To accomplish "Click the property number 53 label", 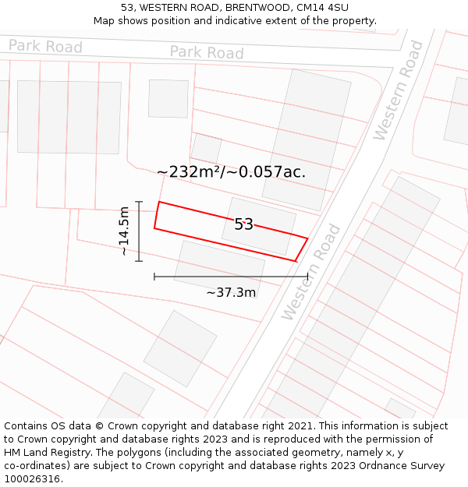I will [x=243, y=224].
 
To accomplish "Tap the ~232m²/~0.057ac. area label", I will [x=231, y=172].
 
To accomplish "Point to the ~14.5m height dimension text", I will [x=124, y=231].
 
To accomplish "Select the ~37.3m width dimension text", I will [x=231, y=292].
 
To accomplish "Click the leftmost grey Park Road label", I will [x=45, y=47].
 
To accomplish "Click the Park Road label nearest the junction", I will [x=207, y=52].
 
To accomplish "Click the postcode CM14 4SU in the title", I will [x=323, y=8].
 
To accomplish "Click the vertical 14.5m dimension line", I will [x=139, y=231].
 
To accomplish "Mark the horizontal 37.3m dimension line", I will [x=231, y=276].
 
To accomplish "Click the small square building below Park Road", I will [x=168, y=98].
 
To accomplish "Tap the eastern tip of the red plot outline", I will [x=307, y=238].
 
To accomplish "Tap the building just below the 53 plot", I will [x=219, y=267].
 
